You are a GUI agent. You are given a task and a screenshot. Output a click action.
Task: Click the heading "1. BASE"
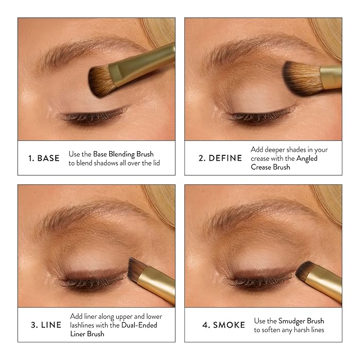point(44,158)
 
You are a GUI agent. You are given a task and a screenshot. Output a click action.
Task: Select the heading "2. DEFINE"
point(220,158)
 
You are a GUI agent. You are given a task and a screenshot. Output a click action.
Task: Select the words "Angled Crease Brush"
point(289,159)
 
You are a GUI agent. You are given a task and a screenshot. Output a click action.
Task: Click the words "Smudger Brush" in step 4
point(301,321)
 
